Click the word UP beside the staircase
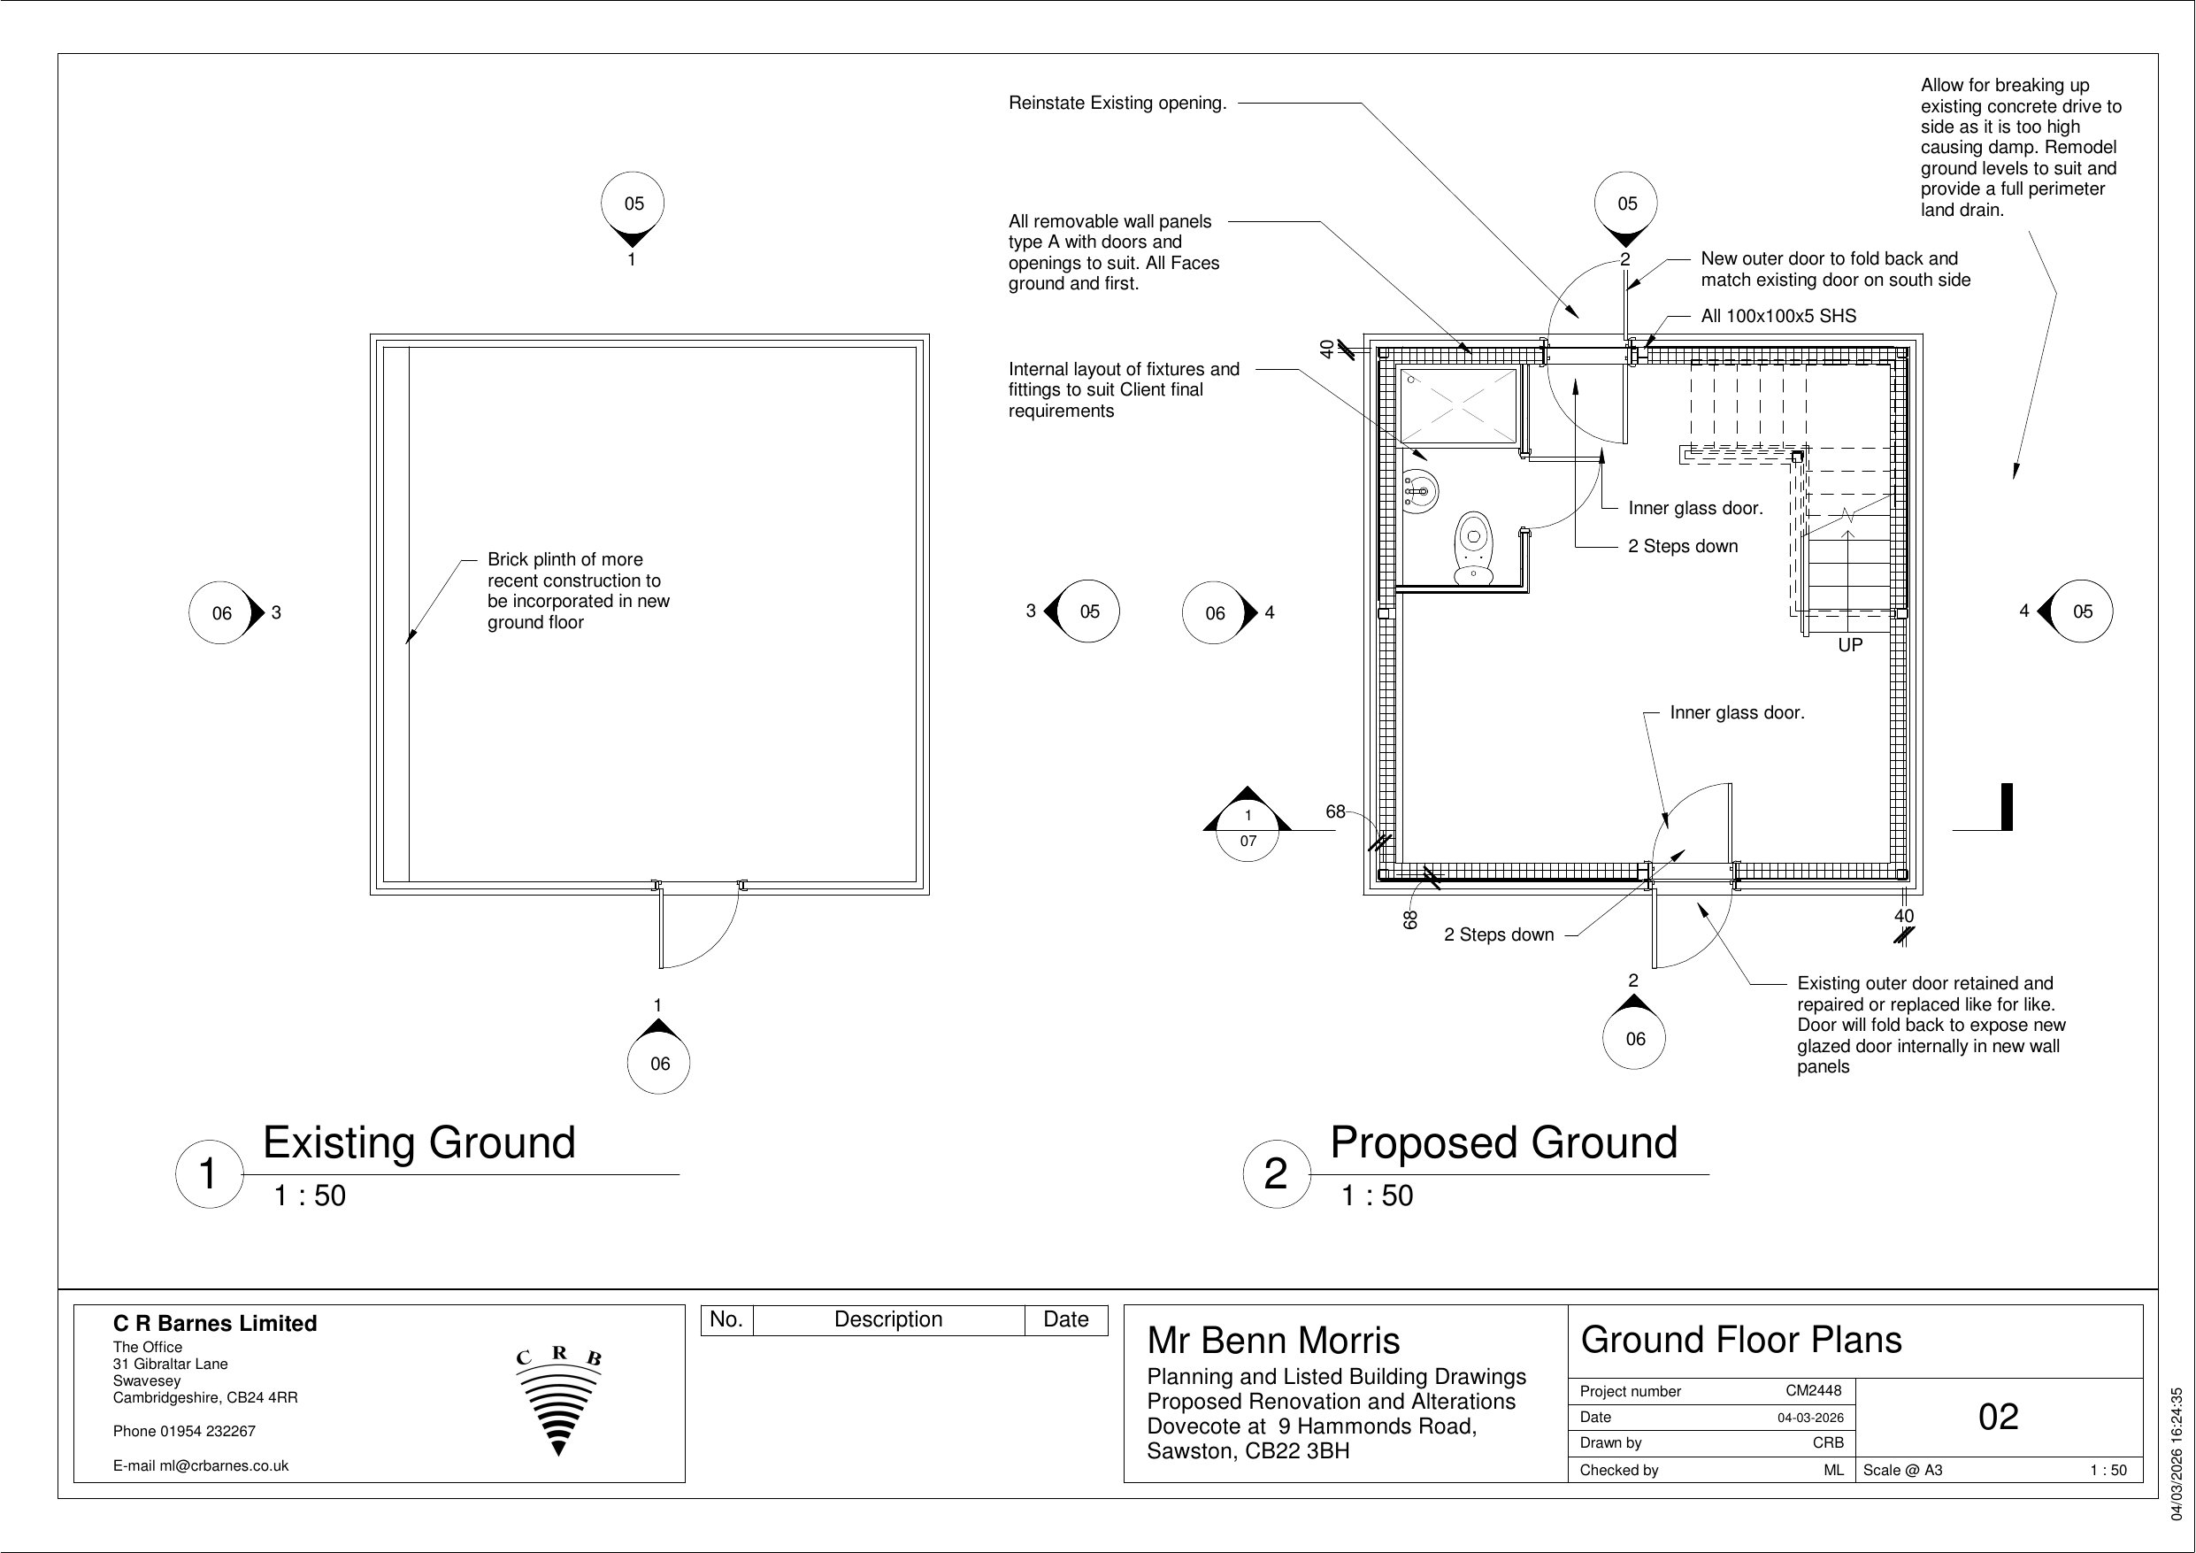[1850, 645]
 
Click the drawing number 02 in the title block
[1998, 1417]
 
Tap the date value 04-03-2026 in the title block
[1810, 1417]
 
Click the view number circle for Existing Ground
[209, 1174]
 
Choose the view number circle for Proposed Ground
[1276, 1174]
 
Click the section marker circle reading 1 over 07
[1248, 828]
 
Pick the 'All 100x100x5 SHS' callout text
[1778, 316]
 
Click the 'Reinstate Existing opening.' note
[1117, 103]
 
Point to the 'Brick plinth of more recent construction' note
[578, 590]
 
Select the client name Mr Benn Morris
[1273, 1341]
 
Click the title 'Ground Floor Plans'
[1740, 1340]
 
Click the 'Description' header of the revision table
[887, 1319]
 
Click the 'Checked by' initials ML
[1832, 1470]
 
